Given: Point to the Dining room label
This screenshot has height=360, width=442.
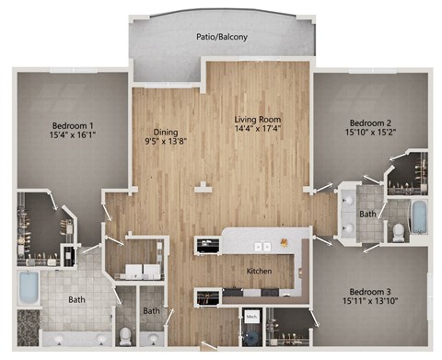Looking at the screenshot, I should point(166,132).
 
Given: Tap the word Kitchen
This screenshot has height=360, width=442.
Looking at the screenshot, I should point(258,271).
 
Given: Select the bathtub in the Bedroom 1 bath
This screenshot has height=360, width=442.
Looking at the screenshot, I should point(28,288).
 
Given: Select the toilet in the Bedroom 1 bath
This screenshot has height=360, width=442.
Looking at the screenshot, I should point(125,333).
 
